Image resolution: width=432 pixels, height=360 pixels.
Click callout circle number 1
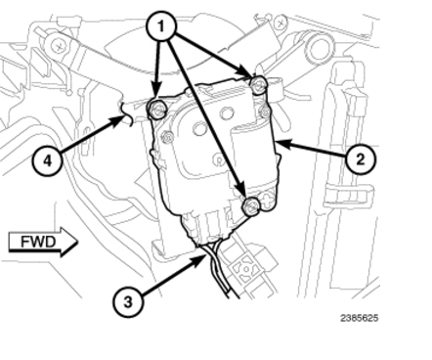click(x=161, y=26)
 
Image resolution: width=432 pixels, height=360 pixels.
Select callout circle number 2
click(x=361, y=159)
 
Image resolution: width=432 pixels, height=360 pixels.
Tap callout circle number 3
click(x=128, y=301)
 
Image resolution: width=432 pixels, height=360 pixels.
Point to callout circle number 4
click(x=48, y=160)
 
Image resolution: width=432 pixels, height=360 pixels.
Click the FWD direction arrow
click(x=43, y=243)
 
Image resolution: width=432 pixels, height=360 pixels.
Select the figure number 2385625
click(x=360, y=318)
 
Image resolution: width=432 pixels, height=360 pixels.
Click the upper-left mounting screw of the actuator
click(x=157, y=110)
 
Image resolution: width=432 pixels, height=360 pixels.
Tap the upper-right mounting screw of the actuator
click(x=259, y=84)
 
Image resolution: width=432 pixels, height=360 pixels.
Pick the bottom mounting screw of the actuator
click(x=250, y=205)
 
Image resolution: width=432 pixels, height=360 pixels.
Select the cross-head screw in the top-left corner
click(x=59, y=46)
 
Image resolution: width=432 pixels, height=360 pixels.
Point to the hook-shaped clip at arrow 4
click(x=126, y=112)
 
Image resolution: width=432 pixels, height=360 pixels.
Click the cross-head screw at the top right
click(x=281, y=22)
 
